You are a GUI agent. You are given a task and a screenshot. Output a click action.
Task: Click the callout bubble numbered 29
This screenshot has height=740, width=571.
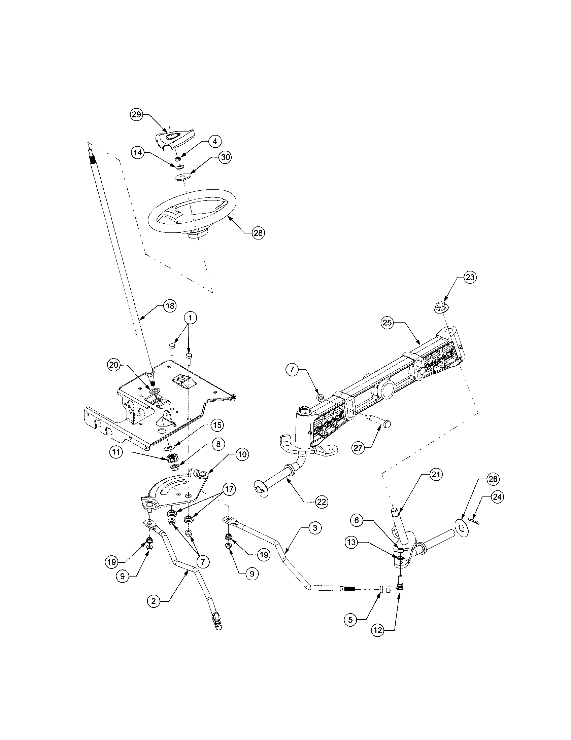137,114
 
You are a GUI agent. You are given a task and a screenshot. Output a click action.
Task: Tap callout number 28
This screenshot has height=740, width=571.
258,233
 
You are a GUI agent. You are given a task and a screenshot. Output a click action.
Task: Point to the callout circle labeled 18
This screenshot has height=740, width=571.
170,306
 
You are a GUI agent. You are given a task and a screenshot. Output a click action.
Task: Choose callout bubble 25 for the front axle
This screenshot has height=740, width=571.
388,323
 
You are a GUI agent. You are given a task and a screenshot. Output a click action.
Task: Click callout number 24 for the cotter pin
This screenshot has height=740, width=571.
497,497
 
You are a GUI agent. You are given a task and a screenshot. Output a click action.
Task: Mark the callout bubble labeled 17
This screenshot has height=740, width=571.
229,489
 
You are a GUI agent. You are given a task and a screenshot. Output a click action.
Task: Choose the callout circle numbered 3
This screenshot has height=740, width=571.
315,528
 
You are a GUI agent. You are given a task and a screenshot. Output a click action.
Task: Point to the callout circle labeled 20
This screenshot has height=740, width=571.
114,365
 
